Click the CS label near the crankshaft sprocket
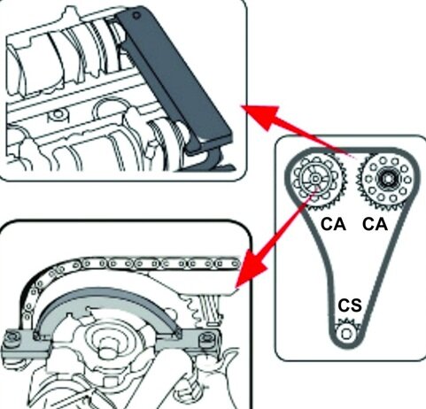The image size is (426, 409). pyautogui.click(x=350, y=305)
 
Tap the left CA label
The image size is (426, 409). pyautogui.click(x=333, y=224)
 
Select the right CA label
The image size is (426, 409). pyautogui.click(x=375, y=224)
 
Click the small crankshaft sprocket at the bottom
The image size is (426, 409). pyautogui.click(x=347, y=332)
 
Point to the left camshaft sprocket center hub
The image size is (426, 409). pyautogui.click(x=315, y=179)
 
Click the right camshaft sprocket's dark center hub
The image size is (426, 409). pyautogui.click(x=388, y=179)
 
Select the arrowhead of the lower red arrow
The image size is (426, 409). pyautogui.click(x=251, y=269)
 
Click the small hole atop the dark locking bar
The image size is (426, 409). pyautogui.click(x=136, y=15)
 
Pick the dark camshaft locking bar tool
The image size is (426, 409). pyautogui.click(x=174, y=79)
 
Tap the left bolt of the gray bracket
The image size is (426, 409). pyautogui.click(x=12, y=336)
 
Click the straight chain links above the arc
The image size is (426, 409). pyautogui.click(x=159, y=263)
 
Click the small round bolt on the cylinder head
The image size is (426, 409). pyautogui.click(x=57, y=114)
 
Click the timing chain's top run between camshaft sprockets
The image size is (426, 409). pyautogui.click(x=352, y=150)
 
